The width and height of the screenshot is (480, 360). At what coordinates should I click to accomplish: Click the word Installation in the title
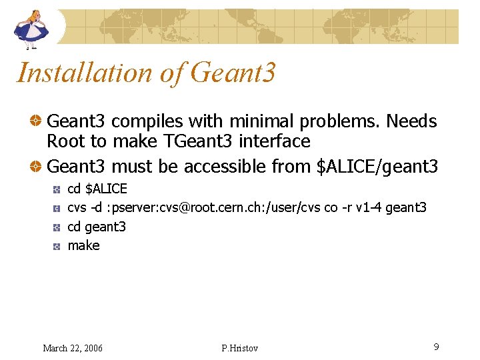84,73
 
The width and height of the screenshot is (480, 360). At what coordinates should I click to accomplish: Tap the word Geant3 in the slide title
233,73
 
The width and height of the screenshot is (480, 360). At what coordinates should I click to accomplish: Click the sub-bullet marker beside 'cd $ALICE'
57,189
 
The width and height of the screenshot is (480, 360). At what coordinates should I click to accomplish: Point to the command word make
84,245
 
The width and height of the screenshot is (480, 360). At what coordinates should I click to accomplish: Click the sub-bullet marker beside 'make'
57,246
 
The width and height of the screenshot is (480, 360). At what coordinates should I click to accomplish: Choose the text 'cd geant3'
97,227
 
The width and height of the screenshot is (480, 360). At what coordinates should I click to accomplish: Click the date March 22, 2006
73,348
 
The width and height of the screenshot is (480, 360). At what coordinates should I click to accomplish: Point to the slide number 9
435,347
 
